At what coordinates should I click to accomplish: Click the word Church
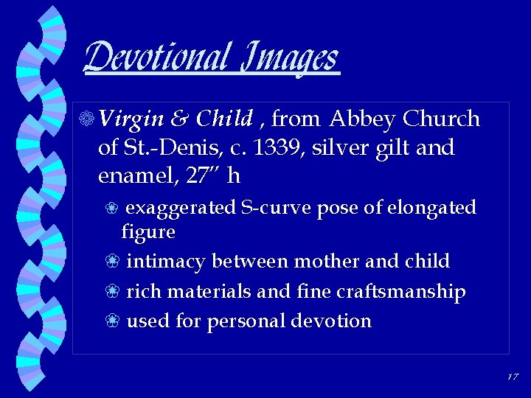(442, 119)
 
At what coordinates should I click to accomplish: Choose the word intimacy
(168, 262)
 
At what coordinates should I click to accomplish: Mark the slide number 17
(513, 377)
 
